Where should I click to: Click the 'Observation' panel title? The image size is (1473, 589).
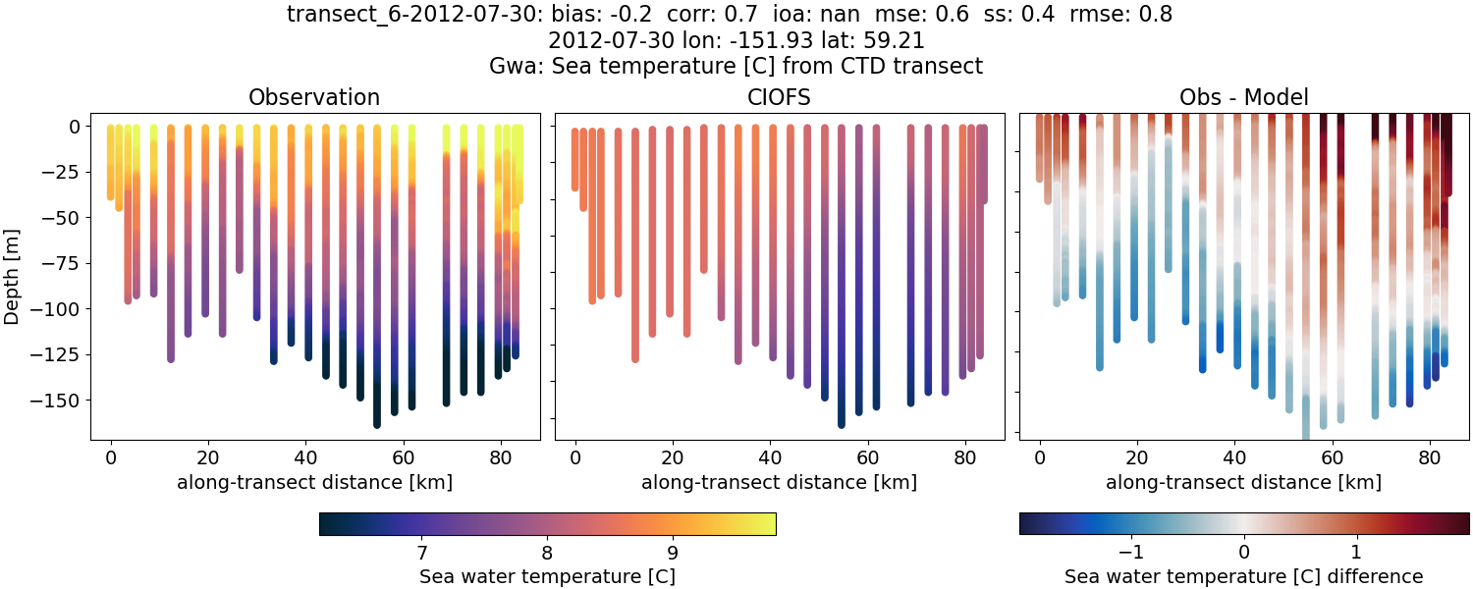click(x=314, y=97)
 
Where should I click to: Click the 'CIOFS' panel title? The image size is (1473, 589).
click(x=779, y=97)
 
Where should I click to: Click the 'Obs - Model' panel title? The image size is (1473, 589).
click(x=1243, y=97)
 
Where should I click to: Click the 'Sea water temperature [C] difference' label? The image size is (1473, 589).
click(x=1243, y=576)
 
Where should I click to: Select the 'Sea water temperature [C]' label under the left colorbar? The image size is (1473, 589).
click(x=547, y=576)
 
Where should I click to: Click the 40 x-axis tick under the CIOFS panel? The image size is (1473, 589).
click(x=770, y=456)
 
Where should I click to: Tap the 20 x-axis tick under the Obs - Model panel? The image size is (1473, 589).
click(x=1137, y=456)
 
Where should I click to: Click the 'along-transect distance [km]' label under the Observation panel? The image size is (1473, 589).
click(x=314, y=482)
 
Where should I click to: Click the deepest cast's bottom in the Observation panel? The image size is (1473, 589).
click(x=377, y=423)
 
